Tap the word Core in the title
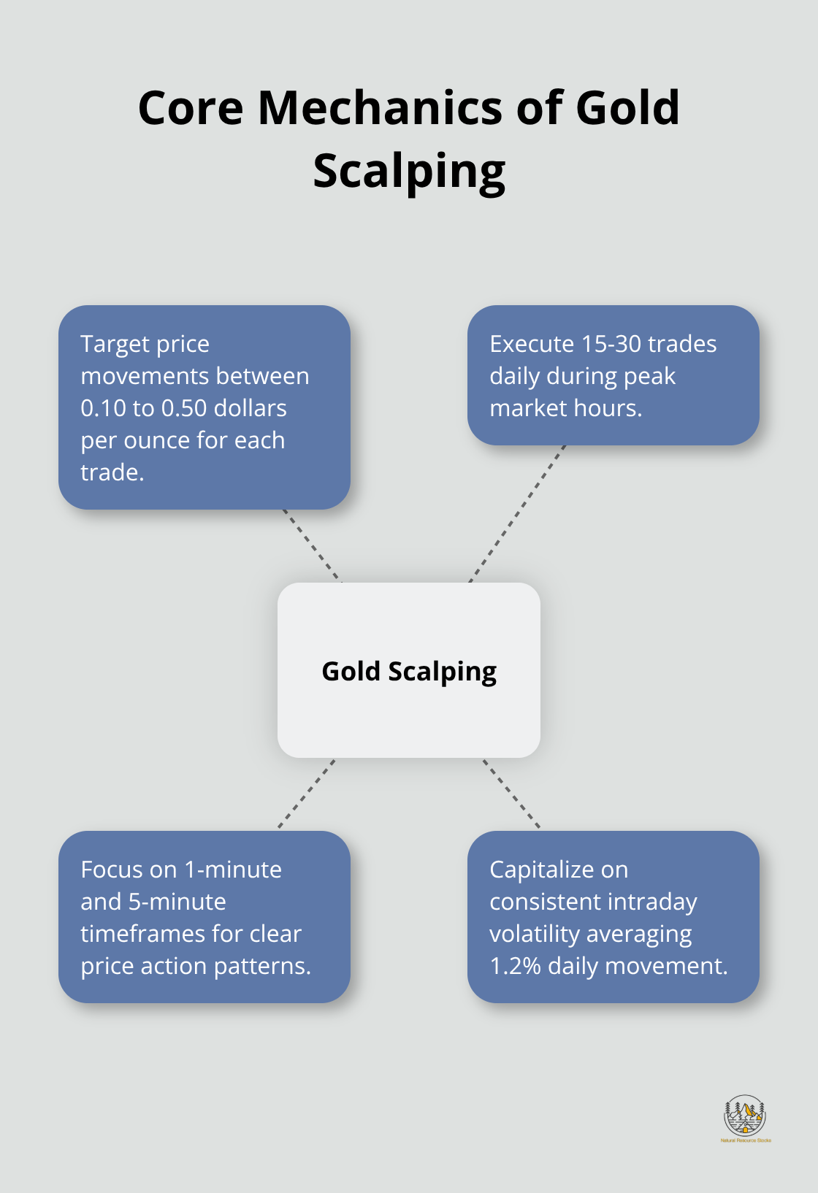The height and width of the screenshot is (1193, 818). [191, 107]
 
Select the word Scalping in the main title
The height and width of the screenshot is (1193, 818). [409, 172]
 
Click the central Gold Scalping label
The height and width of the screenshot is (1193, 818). [409, 671]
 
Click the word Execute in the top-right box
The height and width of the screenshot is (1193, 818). [532, 344]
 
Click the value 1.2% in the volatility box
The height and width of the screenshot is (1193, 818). [516, 966]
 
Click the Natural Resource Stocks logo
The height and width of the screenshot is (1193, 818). [745, 1118]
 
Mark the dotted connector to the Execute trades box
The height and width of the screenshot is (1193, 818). [517, 513]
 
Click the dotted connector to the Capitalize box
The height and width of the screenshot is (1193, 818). [511, 794]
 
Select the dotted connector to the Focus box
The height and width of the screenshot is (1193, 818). [307, 794]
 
